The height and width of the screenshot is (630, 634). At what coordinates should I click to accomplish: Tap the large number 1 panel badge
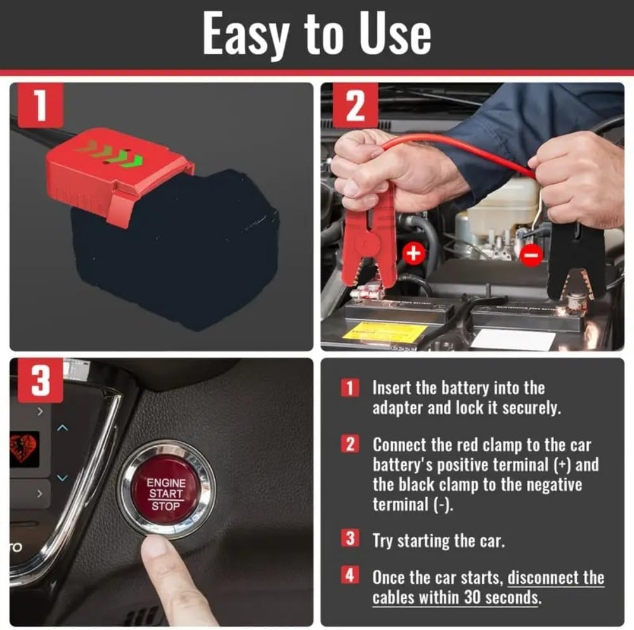(x=40, y=105)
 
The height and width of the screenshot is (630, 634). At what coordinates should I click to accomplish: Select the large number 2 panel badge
(x=355, y=105)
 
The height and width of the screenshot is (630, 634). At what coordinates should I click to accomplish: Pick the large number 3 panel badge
(x=40, y=380)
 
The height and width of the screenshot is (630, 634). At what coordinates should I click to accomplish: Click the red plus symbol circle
(x=413, y=254)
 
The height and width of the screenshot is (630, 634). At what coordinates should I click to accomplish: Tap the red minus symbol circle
(x=531, y=255)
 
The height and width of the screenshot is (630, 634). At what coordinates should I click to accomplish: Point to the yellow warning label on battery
(x=385, y=331)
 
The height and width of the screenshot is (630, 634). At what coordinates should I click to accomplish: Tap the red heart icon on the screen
(x=23, y=448)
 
